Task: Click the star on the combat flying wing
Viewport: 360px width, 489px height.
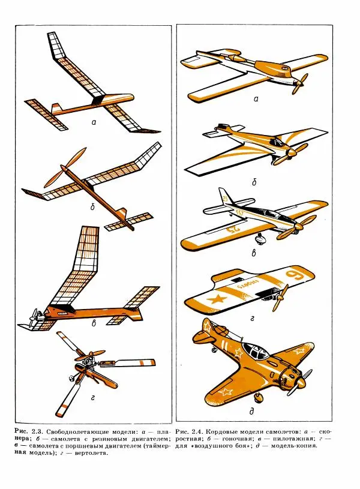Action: coord(217,300)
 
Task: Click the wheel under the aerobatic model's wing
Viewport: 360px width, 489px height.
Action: coord(260,239)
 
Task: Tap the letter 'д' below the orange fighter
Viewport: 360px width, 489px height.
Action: coord(252,412)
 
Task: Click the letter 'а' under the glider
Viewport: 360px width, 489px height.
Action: coord(94,122)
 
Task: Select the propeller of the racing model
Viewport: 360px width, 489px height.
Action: coord(289,154)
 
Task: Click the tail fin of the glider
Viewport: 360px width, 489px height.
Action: coord(56,109)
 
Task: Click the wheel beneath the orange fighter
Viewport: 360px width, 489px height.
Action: coord(258,397)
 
